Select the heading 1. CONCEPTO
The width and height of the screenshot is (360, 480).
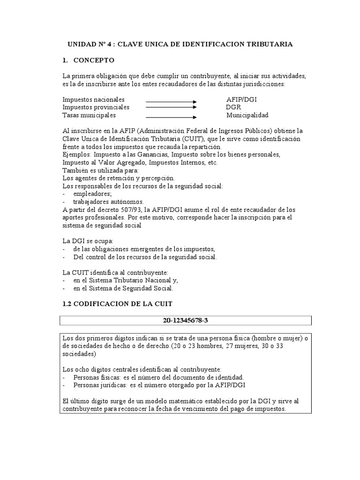click(88, 60)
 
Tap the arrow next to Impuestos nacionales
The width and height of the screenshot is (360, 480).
click(171, 101)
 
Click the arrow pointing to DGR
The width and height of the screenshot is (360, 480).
click(171, 107)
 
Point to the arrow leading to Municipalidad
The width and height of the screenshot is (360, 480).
click(171, 116)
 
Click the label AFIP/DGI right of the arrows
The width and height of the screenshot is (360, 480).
click(241, 100)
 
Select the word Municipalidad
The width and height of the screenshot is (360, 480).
click(247, 115)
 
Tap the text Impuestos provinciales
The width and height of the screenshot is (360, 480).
click(96, 107)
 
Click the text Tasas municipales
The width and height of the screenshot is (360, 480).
click(89, 115)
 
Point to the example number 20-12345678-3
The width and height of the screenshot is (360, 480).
click(186, 321)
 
